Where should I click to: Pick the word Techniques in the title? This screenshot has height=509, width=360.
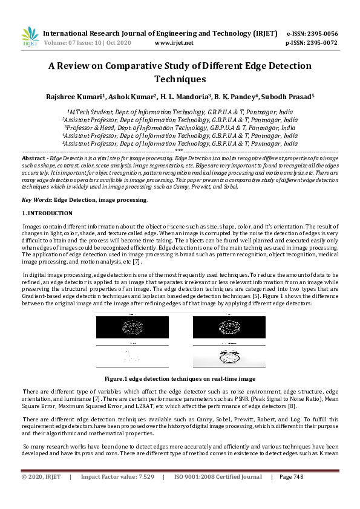pyautogui.click(x=180, y=79)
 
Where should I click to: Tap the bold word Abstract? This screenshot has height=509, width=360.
pyautogui.click(x=34, y=157)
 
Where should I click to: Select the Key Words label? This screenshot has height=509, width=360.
pyautogui.click(x=36, y=199)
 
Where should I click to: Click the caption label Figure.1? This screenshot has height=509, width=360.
pyautogui.click(x=119, y=378)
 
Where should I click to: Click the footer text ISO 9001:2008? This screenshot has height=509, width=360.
pyautogui.click(x=195, y=477)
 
